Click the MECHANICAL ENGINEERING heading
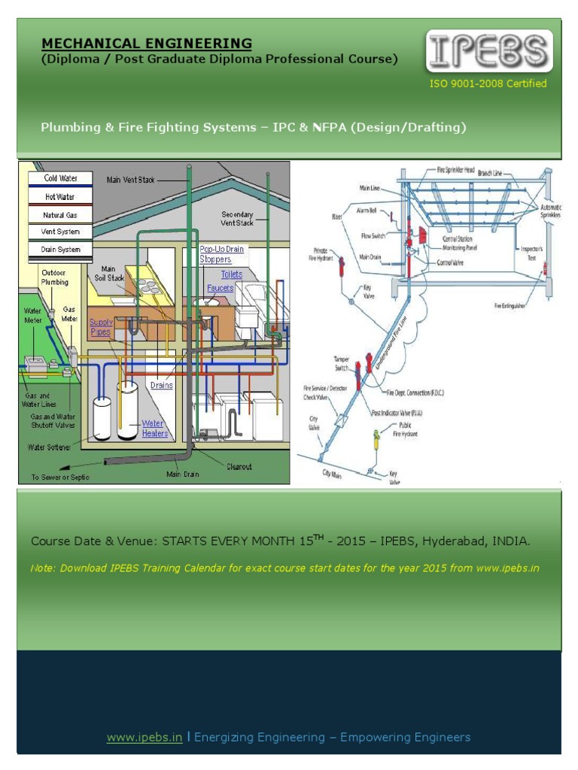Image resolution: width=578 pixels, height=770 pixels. pyautogui.click(x=146, y=44)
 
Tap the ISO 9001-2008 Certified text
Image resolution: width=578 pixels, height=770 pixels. pyautogui.click(x=488, y=83)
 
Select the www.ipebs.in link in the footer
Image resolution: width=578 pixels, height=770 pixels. pyautogui.click(x=144, y=737)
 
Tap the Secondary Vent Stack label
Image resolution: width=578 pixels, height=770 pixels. pyautogui.click(x=237, y=219)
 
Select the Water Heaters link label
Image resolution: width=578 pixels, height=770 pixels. pyautogui.click(x=154, y=429)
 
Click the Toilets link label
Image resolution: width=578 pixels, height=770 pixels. pyautogui.click(x=231, y=274)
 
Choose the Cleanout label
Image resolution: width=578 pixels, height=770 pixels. pyautogui.click(x=239, y=466)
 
